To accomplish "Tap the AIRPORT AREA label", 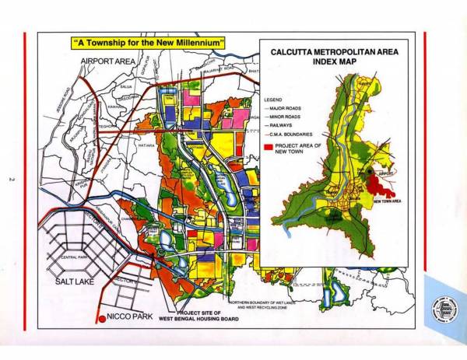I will coord(108,60).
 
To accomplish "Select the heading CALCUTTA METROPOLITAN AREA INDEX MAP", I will coord(327,61).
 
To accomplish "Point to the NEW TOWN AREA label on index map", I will coord(387,201).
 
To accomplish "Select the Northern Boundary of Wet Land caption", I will coord(261,304).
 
